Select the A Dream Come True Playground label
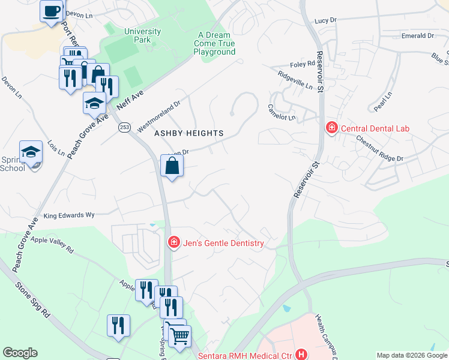coord(214,43)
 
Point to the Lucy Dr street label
coord(325,20)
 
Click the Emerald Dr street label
coord(418,36)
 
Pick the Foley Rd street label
coord(304,64)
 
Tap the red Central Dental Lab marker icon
coord(331,128)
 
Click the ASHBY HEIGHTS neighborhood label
coord(190,133)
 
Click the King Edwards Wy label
coord(70,214)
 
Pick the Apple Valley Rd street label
coord(52,244)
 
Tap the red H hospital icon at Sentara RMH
coord(301,355)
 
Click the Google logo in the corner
coord(20,353)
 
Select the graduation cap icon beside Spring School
coord(31,152)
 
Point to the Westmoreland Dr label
coord(159,116)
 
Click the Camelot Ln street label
coord(283,118)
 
